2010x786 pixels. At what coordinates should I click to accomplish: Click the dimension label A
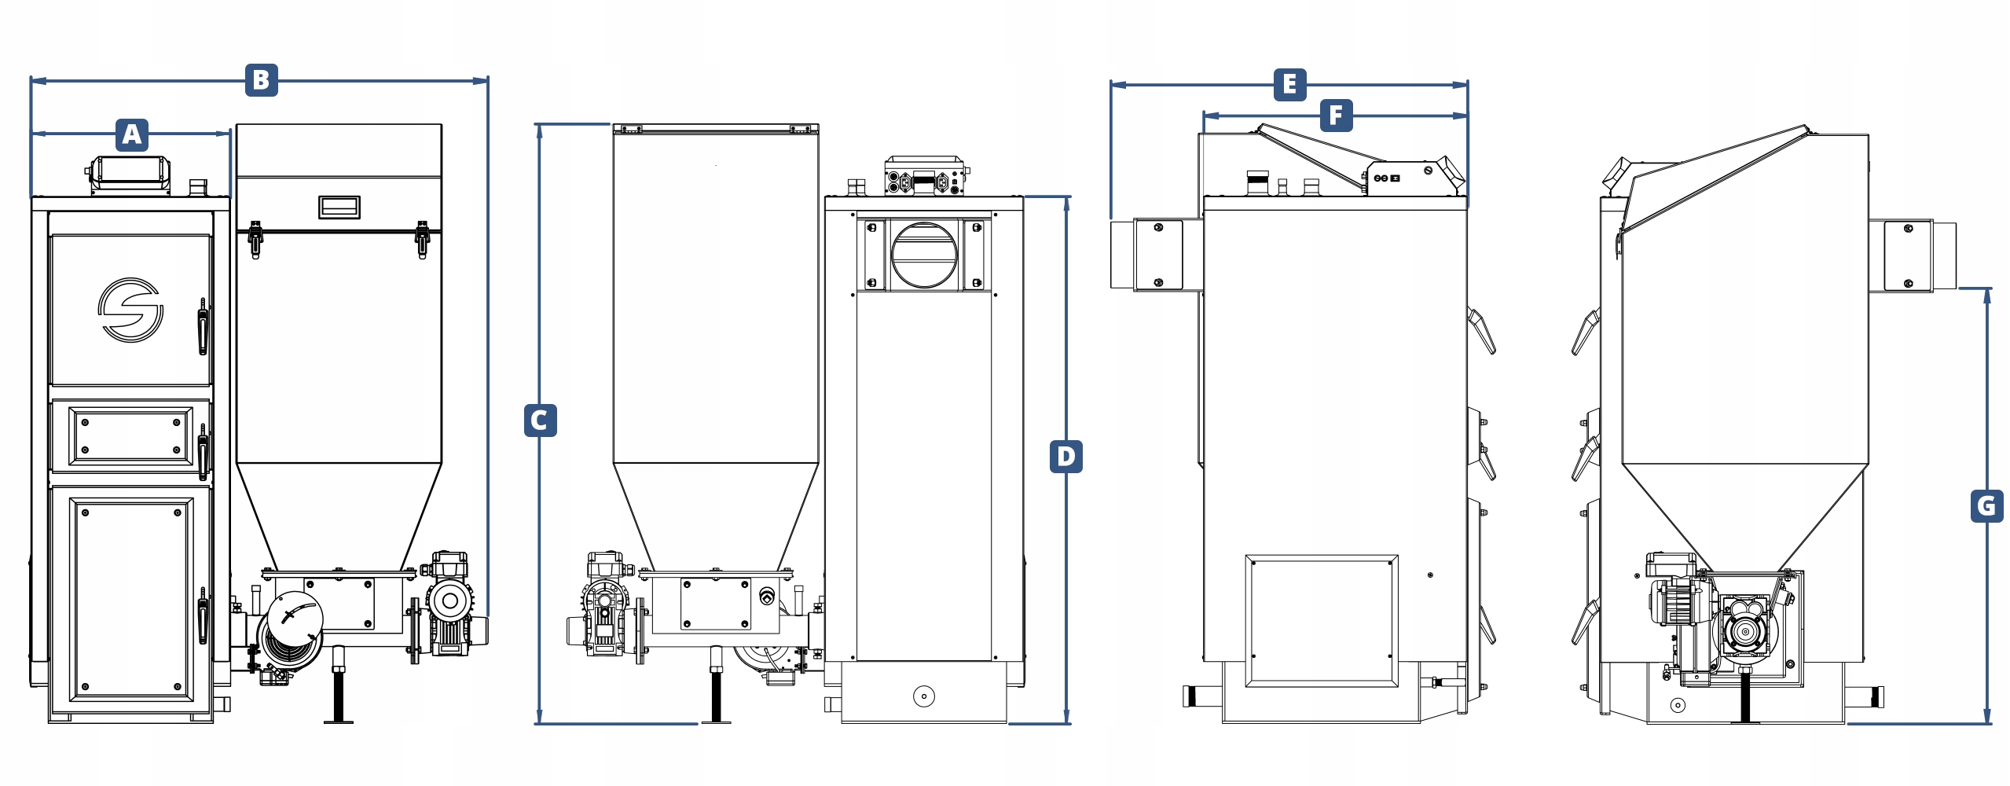point(132,134)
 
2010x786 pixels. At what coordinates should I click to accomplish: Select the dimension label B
point(262,80)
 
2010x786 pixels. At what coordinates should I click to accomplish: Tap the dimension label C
point(540,421)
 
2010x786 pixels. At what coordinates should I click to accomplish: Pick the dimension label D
point(1066,457)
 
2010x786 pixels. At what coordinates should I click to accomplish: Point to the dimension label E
point(1289,84)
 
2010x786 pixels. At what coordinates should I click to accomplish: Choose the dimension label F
point(1336,116)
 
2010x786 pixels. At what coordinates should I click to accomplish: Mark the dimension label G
point(1986,505)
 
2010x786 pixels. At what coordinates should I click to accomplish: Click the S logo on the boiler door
point(130,310)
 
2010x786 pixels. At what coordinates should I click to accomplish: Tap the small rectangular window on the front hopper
point(339,208)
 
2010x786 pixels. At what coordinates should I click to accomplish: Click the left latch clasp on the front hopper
point(255,239)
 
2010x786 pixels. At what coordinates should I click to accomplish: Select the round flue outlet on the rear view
point(923,255)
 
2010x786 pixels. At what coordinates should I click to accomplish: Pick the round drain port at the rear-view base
point(924,696)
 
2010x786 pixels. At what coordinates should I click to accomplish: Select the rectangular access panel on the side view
point(1321,620)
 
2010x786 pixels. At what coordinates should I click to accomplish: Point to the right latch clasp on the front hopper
point(422,239)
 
